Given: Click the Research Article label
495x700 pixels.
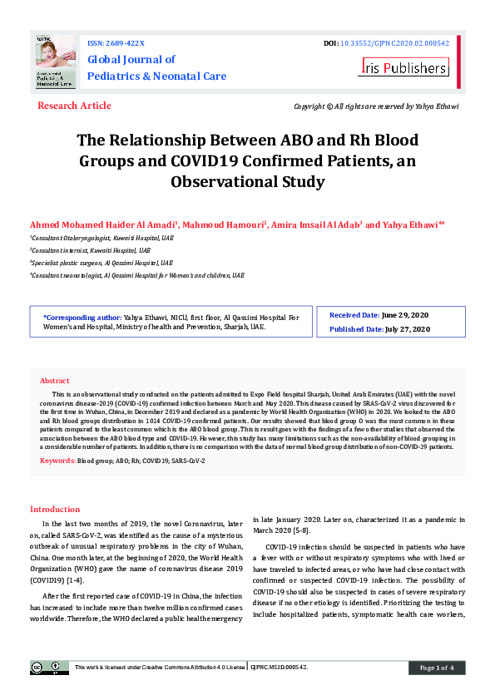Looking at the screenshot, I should [74, 106].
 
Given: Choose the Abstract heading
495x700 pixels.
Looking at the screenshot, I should [55, 380].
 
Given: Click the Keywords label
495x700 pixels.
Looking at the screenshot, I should [57, 460].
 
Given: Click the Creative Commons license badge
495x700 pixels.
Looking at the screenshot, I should [49, 668].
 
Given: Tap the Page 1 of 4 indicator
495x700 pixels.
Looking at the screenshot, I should [436, 668].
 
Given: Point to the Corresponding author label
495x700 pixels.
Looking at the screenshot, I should [82, 317].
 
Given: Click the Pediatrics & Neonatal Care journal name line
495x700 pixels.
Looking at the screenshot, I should [156, 76].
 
